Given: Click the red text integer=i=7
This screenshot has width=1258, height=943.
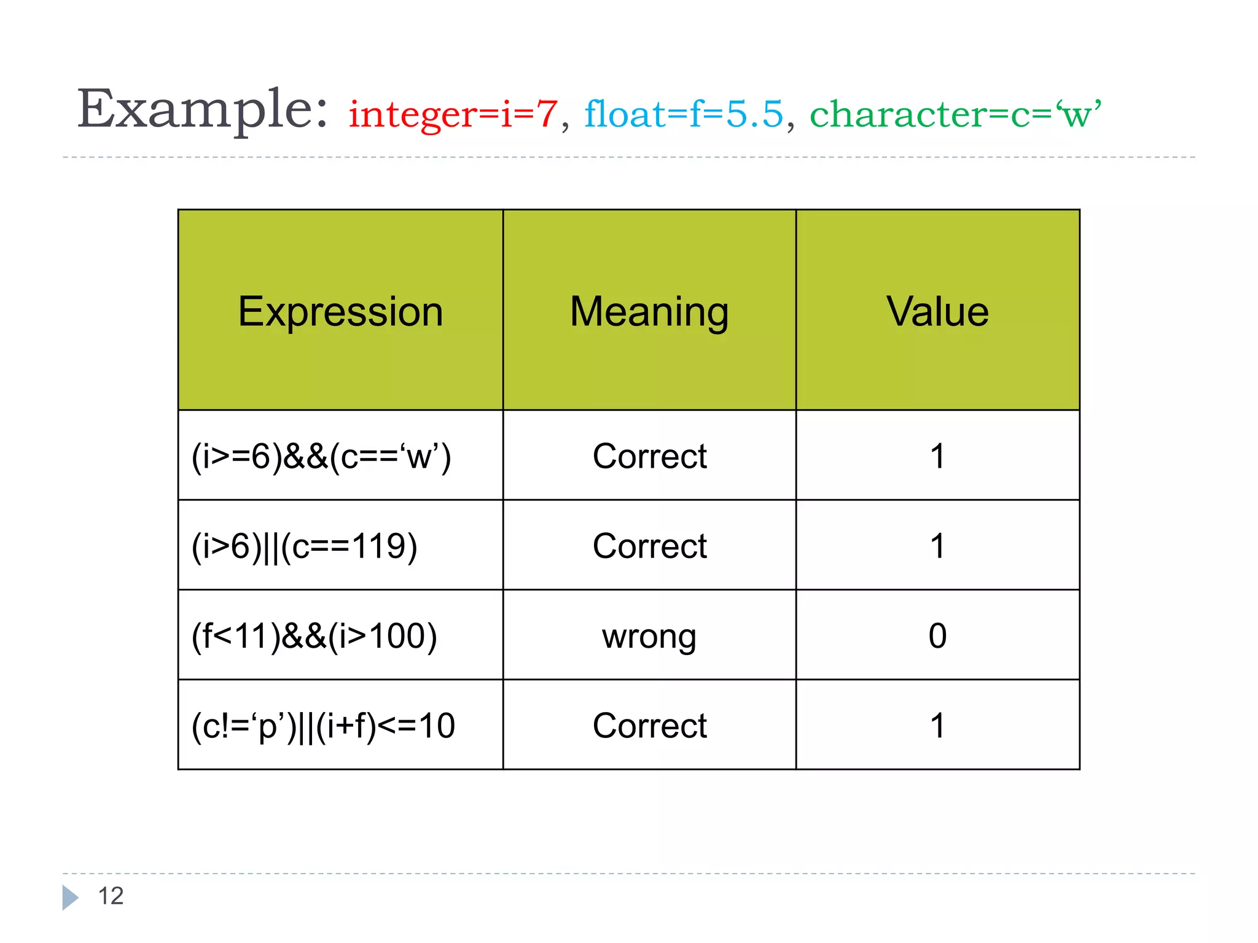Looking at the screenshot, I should pos(453,114).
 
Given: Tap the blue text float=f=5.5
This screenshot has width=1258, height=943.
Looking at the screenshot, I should pos(683,114).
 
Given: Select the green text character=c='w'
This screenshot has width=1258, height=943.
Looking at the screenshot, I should pos(955,114).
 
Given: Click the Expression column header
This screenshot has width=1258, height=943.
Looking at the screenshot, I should pos(340,311).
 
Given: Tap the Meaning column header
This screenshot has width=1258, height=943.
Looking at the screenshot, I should pos(649,311).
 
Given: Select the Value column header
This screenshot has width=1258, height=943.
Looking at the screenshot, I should pos(937,311).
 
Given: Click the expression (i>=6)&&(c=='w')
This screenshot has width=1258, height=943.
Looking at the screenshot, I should pos(321,457).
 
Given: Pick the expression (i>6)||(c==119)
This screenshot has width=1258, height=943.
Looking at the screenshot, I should pos(305,546).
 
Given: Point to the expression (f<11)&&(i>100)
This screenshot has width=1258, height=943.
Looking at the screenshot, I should pos(314,636).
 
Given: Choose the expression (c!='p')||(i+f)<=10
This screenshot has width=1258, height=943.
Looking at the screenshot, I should pos(323,726).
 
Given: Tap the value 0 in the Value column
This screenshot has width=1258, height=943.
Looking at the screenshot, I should pos(937,636).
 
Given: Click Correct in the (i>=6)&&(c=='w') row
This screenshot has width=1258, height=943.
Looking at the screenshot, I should pos(649,457).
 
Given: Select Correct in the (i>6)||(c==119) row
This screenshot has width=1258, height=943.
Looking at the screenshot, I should pos(649,546).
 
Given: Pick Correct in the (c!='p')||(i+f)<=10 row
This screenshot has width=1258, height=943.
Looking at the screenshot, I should pos(649,726).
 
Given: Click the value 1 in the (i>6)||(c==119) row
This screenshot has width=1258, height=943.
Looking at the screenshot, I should pos(937,546).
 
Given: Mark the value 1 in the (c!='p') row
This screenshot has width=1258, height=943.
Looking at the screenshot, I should pos(937,726).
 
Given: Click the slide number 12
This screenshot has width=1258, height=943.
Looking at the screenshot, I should pos(111,896).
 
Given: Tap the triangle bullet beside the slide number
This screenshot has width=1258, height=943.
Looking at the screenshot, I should pos(69,898).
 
